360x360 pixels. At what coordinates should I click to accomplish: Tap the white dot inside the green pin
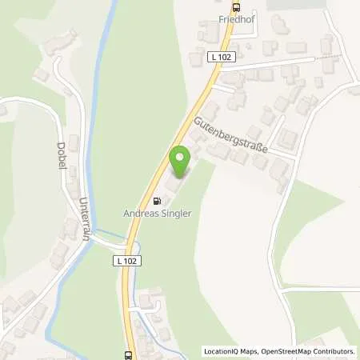click(x=180, y=157)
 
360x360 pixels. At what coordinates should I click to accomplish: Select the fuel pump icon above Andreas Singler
click(x=157, y=202)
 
